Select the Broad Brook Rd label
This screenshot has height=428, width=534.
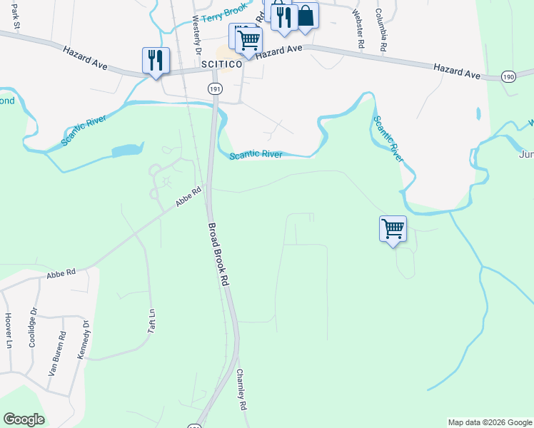coord(218,255)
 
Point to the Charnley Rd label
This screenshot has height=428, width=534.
coord(241,389)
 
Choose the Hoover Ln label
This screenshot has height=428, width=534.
coord(9,330)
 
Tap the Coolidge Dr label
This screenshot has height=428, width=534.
coord(32,327)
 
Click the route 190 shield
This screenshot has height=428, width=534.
coord(508,76)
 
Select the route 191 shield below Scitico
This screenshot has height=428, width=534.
coord(215,88)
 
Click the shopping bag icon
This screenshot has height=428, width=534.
coord(306,16)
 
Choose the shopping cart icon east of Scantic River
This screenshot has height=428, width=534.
coord(393,229)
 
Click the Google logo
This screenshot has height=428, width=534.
coord(24,419)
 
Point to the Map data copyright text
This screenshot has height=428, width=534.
coord(490,422)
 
